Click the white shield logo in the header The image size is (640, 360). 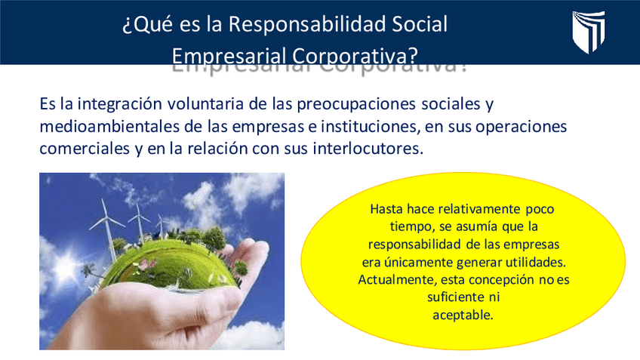588,32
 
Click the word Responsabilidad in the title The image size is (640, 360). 308,24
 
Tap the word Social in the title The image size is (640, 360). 420,24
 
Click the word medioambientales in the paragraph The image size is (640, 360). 109,126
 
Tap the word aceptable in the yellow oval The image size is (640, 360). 463,315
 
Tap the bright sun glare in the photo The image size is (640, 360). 66,266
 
